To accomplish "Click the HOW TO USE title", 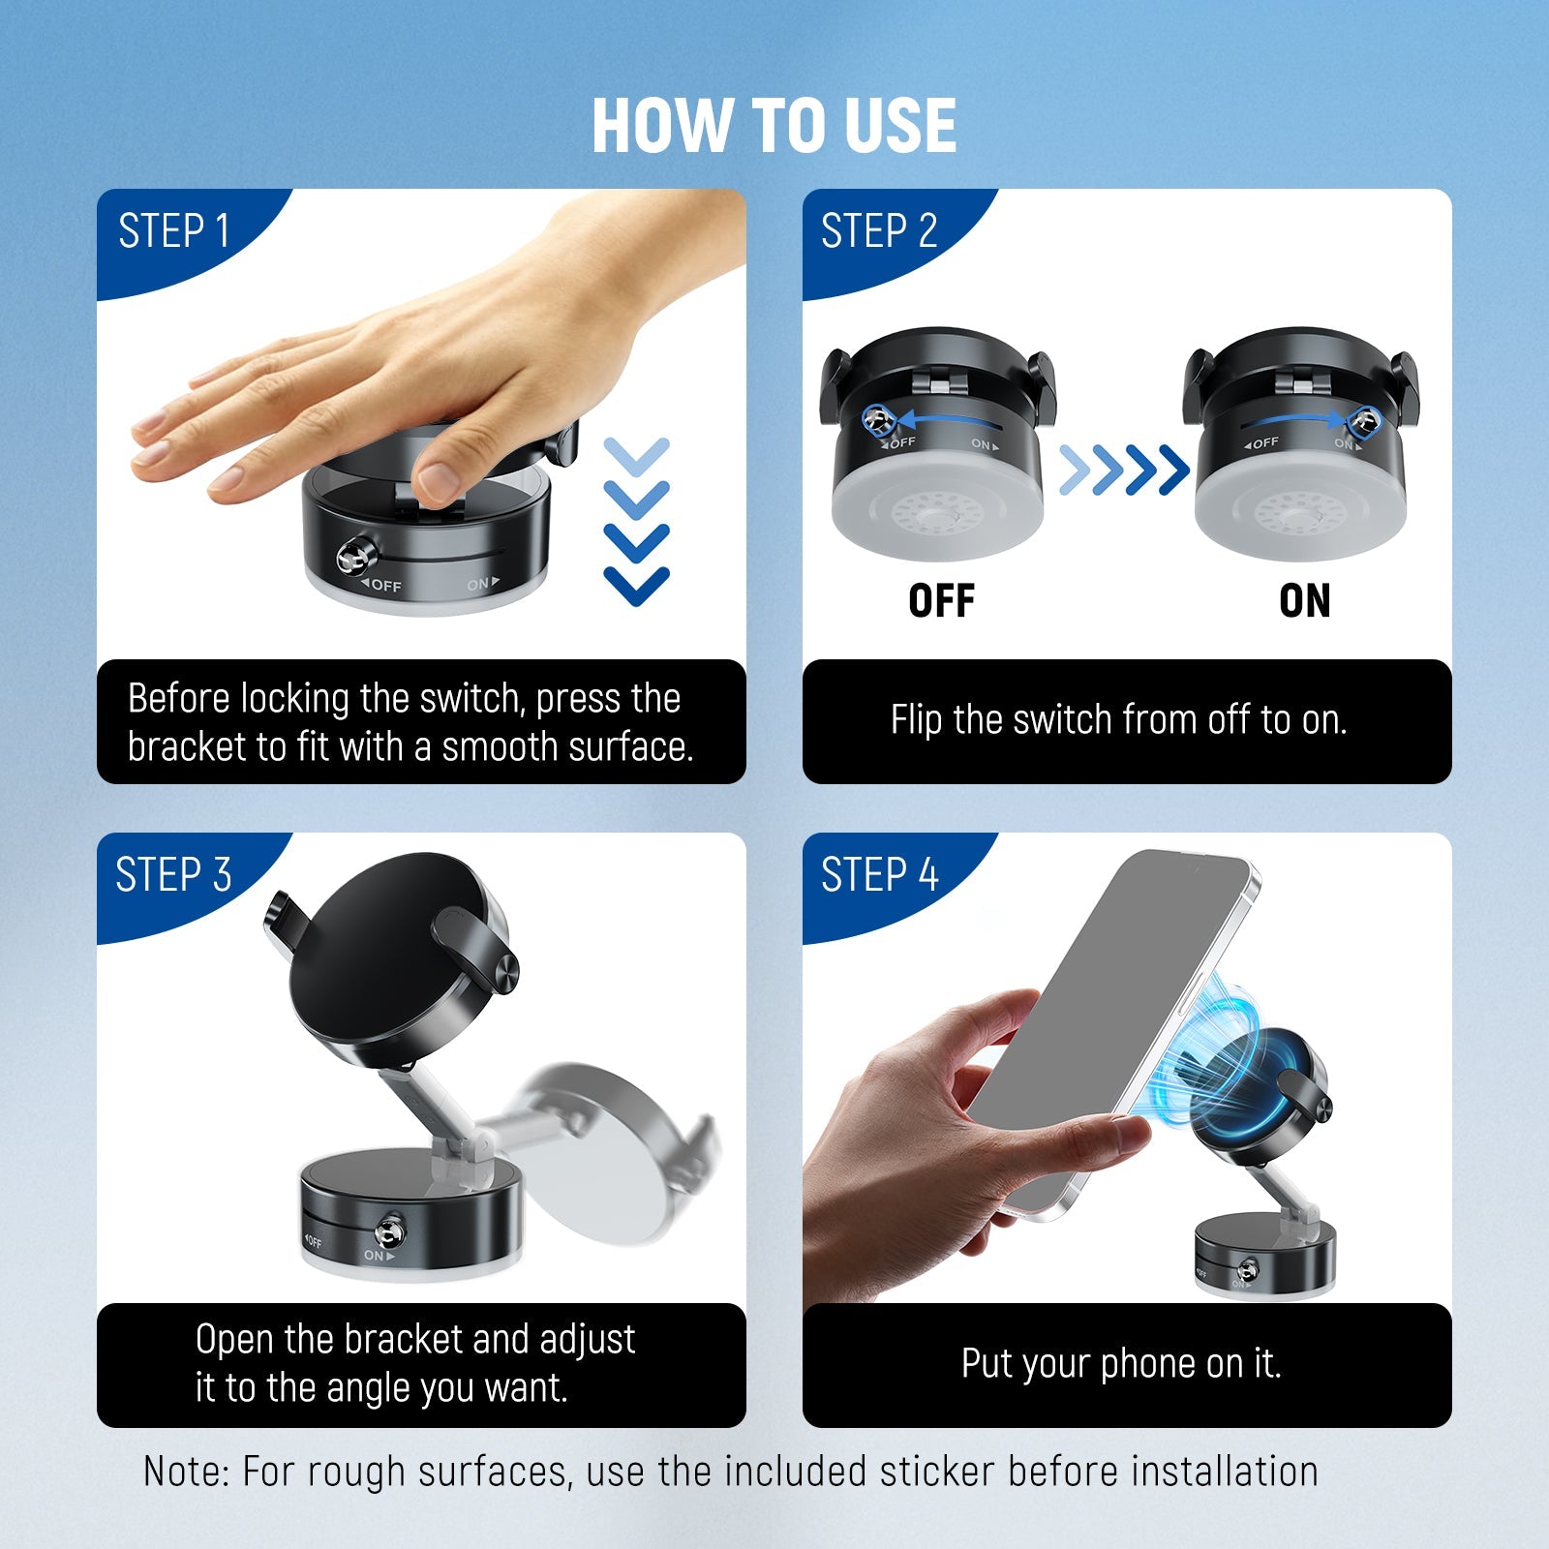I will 774,126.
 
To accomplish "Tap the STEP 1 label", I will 174,232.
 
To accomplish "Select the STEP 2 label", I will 879,232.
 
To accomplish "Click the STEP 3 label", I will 174,875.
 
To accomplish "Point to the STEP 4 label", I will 879,875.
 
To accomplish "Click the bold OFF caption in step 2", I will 941,601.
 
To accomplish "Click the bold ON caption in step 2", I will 1304,601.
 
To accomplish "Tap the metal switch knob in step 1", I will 353,557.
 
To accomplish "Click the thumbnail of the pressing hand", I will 426,387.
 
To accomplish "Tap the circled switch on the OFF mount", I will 878,419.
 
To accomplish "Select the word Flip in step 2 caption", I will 916,720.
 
